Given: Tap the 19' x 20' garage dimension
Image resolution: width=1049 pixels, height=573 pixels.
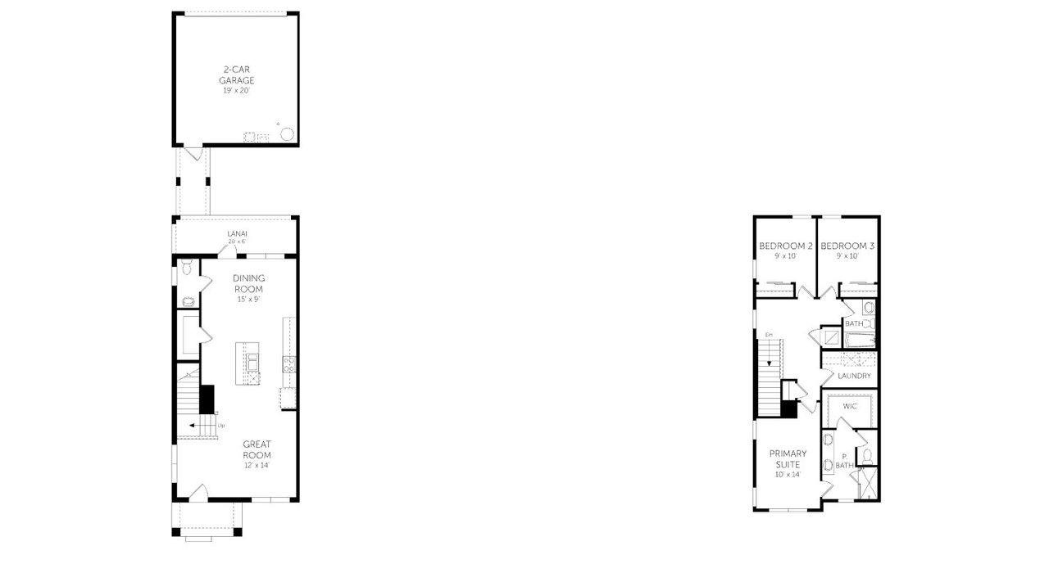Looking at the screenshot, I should pos(236,90).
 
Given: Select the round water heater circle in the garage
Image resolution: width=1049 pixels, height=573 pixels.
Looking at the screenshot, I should pos(288,133).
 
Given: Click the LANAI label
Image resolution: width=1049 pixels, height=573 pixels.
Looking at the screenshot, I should pos(236,233).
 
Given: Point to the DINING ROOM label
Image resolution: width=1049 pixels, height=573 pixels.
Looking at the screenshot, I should pos(248,283).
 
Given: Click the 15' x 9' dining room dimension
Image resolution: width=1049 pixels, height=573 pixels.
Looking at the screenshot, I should pos(248,299).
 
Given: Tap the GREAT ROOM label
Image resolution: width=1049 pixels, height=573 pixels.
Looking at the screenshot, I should pos(257,449).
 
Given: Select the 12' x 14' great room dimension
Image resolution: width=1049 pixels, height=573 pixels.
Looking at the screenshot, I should pos(257,465).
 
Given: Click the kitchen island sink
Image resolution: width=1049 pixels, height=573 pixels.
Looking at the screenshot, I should pos(252,361).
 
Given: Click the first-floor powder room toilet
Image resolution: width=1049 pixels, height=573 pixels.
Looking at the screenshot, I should pos(186,267).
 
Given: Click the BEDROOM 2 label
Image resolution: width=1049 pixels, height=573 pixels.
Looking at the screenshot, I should pos(785,246).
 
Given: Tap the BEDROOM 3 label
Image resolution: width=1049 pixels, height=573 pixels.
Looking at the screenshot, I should pos(847,246).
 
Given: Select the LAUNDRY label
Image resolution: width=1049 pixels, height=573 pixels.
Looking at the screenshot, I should pos(854,376).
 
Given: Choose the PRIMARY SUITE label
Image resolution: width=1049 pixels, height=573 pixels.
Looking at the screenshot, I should pos(788,458).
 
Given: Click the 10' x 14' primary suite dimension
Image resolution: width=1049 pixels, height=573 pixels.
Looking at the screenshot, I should pos(788,475).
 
